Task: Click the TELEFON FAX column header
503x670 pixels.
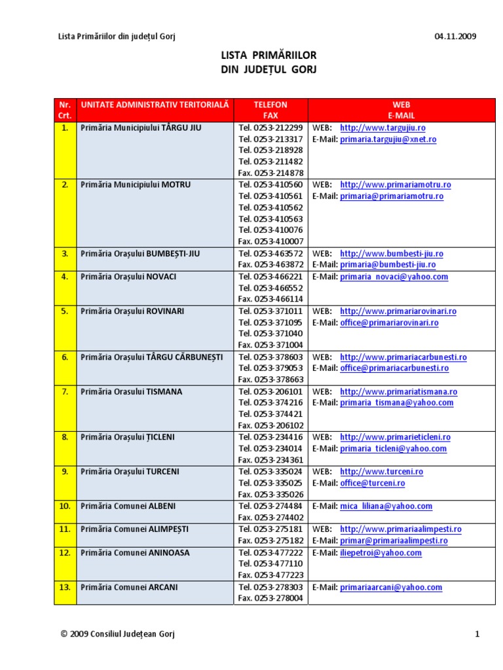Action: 270,110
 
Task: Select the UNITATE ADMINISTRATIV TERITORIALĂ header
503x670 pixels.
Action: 155,105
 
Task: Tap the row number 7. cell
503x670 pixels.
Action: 65,392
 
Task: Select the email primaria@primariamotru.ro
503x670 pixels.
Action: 392,196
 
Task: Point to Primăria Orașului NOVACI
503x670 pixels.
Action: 128,277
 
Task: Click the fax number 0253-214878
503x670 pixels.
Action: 270,173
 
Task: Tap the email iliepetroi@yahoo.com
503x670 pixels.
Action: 381,553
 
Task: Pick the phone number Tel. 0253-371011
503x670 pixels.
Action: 270,311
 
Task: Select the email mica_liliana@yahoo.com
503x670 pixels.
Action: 386,506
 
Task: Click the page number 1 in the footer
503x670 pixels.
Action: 478,634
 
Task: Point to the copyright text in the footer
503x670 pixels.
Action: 117,634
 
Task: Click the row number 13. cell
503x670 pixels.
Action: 65,588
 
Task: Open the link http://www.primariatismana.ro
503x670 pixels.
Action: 398,392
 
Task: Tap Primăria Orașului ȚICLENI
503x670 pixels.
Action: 128,437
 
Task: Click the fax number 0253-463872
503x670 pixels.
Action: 270,265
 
